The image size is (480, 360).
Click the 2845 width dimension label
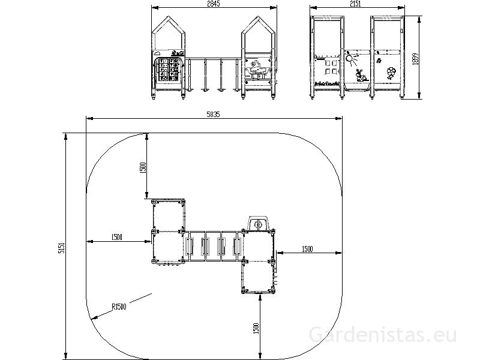tap(214, 4)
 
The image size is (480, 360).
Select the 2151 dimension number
tap(355, 4)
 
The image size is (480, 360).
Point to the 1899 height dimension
tap(415, 59)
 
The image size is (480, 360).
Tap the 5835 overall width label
tap(213, 115)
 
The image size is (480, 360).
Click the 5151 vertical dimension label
tap(61, 248)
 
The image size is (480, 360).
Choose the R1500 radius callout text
tap(119, 306)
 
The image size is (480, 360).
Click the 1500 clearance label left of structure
tap(116, 237)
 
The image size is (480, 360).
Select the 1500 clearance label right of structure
tap(307, 249)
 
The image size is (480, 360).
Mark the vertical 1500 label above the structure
tap(143, 168)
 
